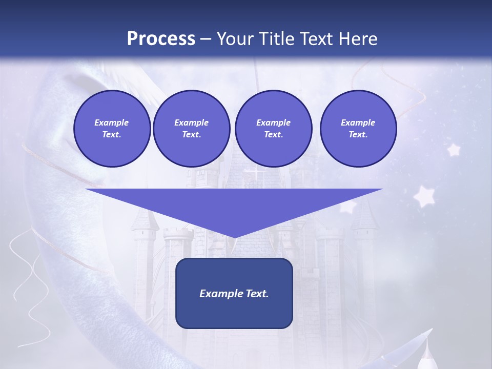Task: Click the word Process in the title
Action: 161,38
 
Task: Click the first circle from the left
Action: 112,129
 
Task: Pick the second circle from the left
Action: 191,129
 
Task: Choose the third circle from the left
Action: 273,129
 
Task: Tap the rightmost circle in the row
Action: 358,129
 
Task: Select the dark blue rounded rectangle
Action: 234,313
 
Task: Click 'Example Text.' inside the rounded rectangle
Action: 234,294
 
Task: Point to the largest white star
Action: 424,196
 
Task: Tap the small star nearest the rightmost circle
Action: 453,150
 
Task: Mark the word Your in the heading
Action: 233,38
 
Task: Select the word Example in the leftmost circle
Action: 112,122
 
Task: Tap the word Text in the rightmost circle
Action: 358,134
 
